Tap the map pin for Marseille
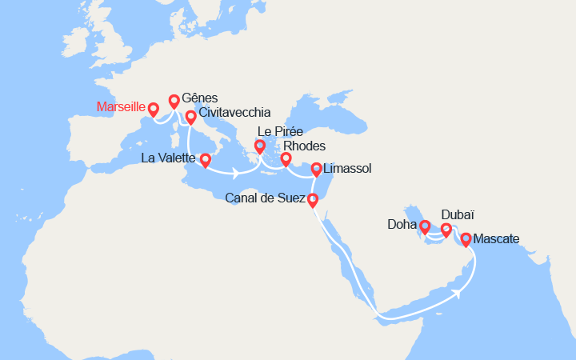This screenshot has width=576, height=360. (153, 109)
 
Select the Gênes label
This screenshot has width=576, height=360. (200, 98)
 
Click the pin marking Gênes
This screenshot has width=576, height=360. (174, 101)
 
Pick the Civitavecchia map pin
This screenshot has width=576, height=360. (190, 117)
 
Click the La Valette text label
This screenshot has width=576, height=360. (167, 158)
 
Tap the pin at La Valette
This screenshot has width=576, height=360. (206, 160)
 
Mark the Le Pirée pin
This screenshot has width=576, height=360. (260, 146)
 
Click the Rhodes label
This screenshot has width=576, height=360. (305, 147)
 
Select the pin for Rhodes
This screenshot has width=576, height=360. (286, 158)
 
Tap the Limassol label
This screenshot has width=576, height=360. (347, 169)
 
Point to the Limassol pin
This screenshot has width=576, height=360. (317, 169)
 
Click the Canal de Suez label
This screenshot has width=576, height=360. (266, 198)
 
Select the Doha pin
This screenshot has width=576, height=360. (425, 226)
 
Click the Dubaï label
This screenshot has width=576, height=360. (458, 215)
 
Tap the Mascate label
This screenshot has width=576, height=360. (496, 238)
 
